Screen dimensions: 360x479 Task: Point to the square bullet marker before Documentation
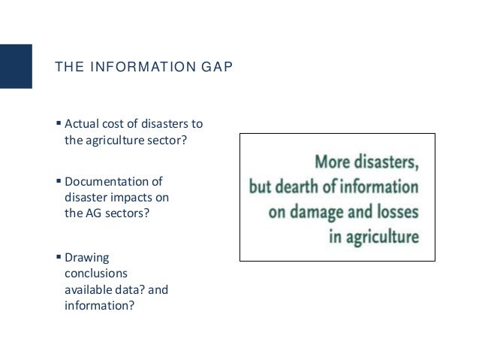(59, 182)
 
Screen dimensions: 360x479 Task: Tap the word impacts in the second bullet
(115, 197)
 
